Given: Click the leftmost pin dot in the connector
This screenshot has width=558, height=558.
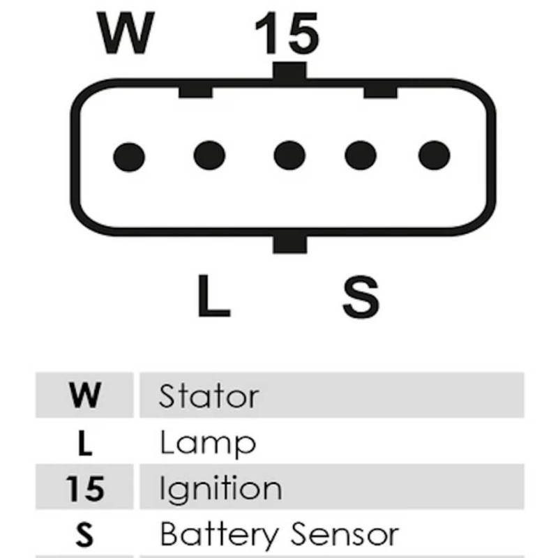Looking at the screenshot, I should (129, 156).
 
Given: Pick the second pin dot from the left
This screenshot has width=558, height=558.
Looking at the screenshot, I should (209, 155).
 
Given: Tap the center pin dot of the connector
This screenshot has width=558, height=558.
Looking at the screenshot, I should (289, 155).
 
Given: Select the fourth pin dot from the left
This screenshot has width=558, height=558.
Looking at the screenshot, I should (361, 155).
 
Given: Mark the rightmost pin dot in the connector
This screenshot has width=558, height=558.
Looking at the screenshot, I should (434, 155).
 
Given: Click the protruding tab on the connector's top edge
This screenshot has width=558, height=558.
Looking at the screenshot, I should (289, 71).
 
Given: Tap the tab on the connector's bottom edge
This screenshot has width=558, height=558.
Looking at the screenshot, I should (289, 243).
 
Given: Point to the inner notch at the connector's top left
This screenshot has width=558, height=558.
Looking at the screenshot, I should (195, 91).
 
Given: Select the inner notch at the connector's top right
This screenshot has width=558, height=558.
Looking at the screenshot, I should (380, 91).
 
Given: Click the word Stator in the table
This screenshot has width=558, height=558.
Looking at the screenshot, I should (209, 396).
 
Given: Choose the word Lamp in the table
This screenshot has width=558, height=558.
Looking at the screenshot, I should (207, 444).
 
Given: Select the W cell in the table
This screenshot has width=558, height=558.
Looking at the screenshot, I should (84, 395).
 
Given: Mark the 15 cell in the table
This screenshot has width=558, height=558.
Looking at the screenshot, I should (84, 489).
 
